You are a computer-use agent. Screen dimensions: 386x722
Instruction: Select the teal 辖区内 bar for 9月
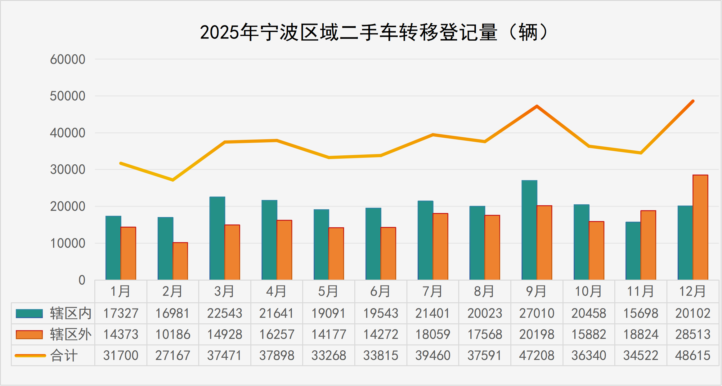[529, 230]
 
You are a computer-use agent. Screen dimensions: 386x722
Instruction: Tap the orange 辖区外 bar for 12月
[700, 227]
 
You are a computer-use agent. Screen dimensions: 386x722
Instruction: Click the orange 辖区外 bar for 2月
[180, 261]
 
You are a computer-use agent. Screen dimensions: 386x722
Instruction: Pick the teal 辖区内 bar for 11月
[633, 251]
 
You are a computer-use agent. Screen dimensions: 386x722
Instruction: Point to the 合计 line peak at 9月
[537, 106]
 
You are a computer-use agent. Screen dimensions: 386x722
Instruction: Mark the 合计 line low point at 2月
[173, 180]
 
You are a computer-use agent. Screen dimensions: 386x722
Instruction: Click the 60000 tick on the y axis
[68, 59]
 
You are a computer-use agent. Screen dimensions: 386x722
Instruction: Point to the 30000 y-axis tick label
[68, 170]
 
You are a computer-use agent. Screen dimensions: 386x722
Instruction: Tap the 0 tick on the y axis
[82, 280]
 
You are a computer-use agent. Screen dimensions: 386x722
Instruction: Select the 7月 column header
[433, 291]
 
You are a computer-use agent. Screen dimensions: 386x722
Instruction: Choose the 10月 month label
[589, 291]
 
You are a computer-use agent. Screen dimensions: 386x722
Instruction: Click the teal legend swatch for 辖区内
[29, 313]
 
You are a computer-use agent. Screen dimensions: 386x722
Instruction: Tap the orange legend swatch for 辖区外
[29, 335]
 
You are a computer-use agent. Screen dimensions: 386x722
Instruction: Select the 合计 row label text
[64, 355]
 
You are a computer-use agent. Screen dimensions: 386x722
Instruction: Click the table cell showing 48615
[693, 355]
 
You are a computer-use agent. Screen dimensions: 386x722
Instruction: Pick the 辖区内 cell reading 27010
[537, 313]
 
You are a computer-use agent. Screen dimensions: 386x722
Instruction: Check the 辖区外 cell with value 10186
[173, 335]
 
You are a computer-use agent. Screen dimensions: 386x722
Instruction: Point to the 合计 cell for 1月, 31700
[121, 355]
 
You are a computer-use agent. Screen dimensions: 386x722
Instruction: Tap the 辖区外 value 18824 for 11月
[641, 335]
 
